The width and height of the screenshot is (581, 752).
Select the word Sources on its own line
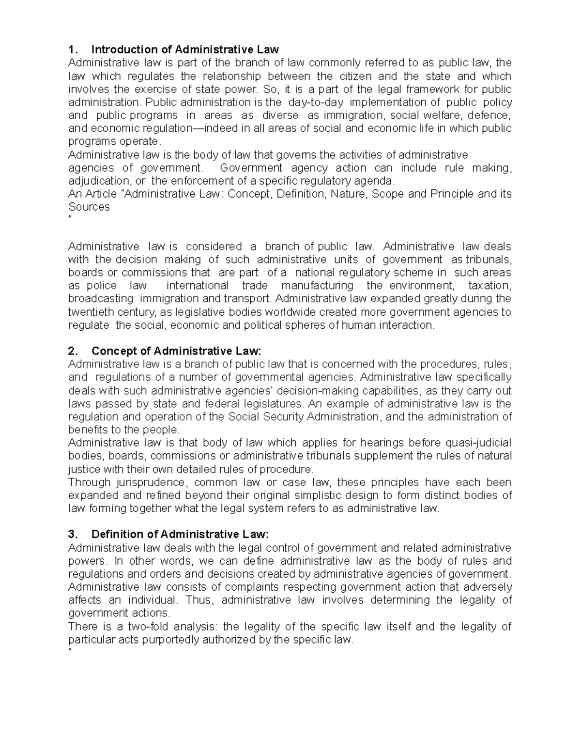[89, 207]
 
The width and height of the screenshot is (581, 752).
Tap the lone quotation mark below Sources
[70, 218]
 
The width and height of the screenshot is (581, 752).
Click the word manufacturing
[317, 285]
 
